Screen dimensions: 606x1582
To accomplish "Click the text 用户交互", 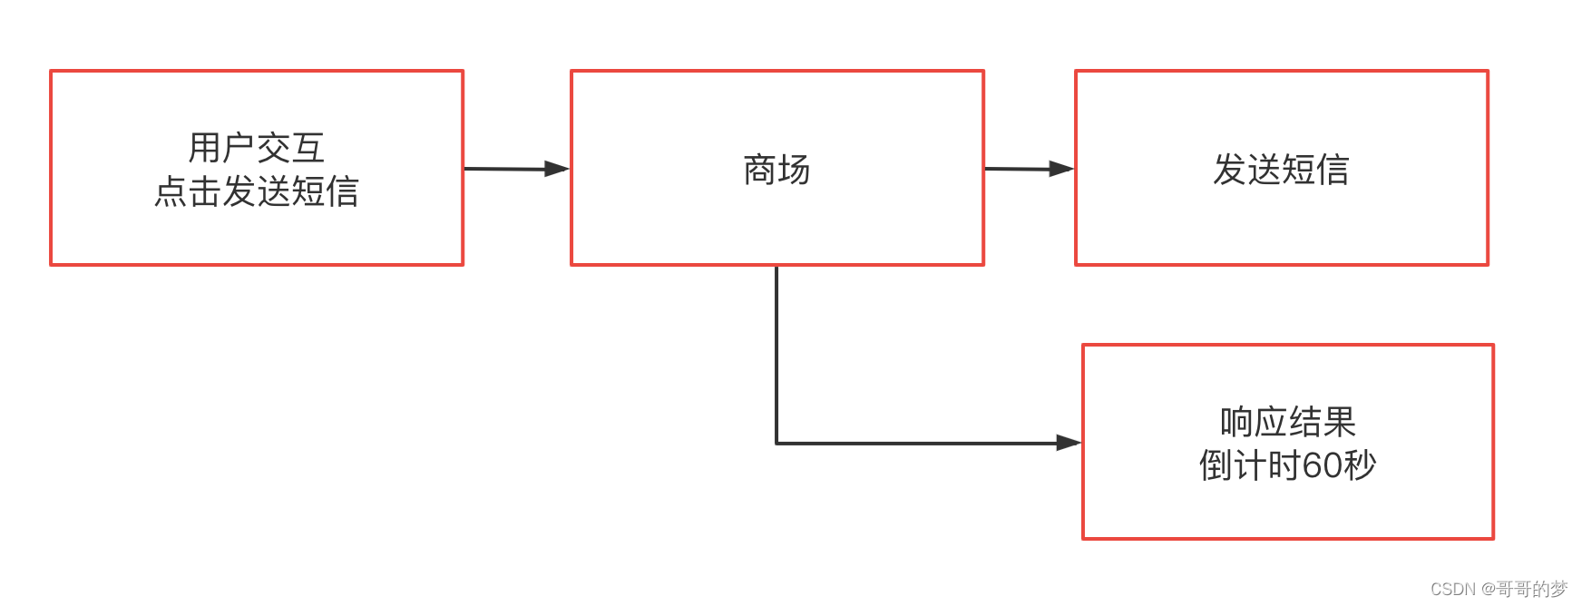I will (256, 148).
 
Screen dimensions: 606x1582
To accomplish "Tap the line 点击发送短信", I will (256, 191).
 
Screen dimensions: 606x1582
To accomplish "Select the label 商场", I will (776, 170).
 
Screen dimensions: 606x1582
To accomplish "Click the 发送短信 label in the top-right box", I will (1281, 170).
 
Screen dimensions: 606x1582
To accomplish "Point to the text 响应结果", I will (1287, 422).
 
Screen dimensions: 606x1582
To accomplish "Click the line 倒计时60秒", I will (1287, 465).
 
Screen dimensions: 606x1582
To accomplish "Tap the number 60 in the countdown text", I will (1322, 465).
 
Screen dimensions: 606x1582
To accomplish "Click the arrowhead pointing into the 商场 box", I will (557, 169).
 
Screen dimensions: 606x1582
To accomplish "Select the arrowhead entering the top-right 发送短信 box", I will (1061, 169).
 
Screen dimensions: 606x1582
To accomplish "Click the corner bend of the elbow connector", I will (776, 443).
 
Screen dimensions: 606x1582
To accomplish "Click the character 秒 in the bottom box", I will (1360, 465).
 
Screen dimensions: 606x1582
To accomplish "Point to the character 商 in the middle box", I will (759, 170).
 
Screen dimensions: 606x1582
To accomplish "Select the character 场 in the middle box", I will (794, 170).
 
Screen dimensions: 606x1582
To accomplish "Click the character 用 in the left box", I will (205, 148).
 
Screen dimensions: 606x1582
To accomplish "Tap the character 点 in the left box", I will (171, 191).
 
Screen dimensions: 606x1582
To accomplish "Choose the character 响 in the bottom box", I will (1236, 422).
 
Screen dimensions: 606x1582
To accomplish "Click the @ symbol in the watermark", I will (1488, 589).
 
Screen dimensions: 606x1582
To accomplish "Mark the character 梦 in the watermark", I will (1559, 589).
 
